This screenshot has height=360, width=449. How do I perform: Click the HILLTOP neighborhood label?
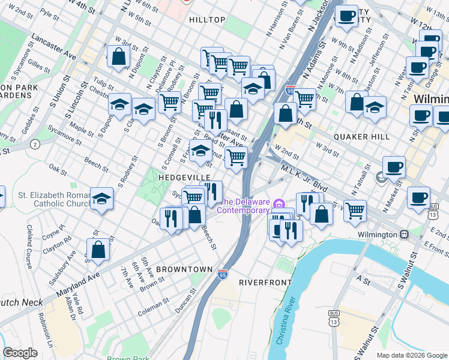pyautogui.click(x=207, y=20)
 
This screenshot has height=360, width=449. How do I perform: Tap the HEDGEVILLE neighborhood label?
pyautogui.click(x=184, y=178)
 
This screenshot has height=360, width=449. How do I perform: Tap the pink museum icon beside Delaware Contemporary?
pyautogui.click(x=278, y=205)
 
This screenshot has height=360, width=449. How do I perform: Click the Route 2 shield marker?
pyautogui.click(x=35, y=144)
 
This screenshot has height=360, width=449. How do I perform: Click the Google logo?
pyautogui.click(x=20, y=353)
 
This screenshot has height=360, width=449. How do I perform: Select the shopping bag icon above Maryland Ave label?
pyautogui.click(x=98, y=250)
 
